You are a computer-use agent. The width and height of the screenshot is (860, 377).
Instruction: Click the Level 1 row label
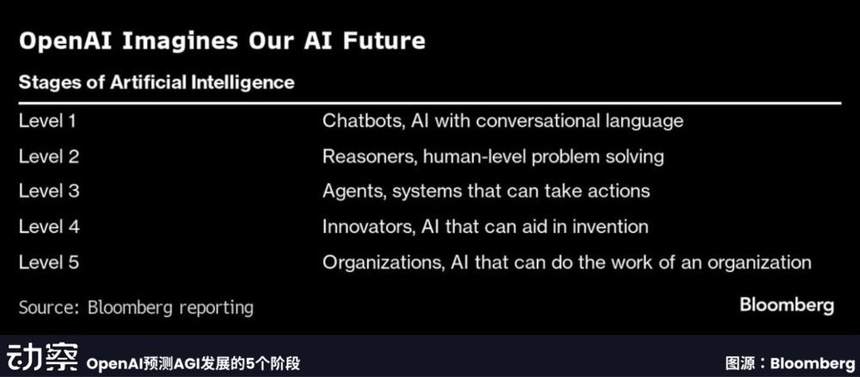[x=47, y=121]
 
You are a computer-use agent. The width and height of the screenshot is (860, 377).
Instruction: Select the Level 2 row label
[x=49, y=156]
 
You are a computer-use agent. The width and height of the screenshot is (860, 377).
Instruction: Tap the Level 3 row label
[x=49, y=192]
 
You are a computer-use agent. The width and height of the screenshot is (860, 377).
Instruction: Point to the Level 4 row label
[x=49, y=227]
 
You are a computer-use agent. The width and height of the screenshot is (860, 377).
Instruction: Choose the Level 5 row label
[x=49, y=261]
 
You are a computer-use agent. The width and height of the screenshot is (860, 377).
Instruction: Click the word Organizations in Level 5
[x=384, y=262]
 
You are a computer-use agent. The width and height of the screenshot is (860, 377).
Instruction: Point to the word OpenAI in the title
[x=66, y=41]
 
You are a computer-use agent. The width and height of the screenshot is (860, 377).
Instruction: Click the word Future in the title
[x=384, y=41]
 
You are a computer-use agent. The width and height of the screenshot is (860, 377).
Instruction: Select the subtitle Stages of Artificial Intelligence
[x=157, y=82]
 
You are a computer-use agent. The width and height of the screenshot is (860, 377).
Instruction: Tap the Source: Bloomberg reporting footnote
[x=136, y=307]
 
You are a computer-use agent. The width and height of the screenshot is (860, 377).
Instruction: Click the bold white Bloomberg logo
[x=787, y=306]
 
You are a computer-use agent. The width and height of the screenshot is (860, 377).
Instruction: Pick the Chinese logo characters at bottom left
[x=43, y=358]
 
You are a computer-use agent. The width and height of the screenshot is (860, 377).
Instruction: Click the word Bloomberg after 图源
[x=813, y=363]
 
